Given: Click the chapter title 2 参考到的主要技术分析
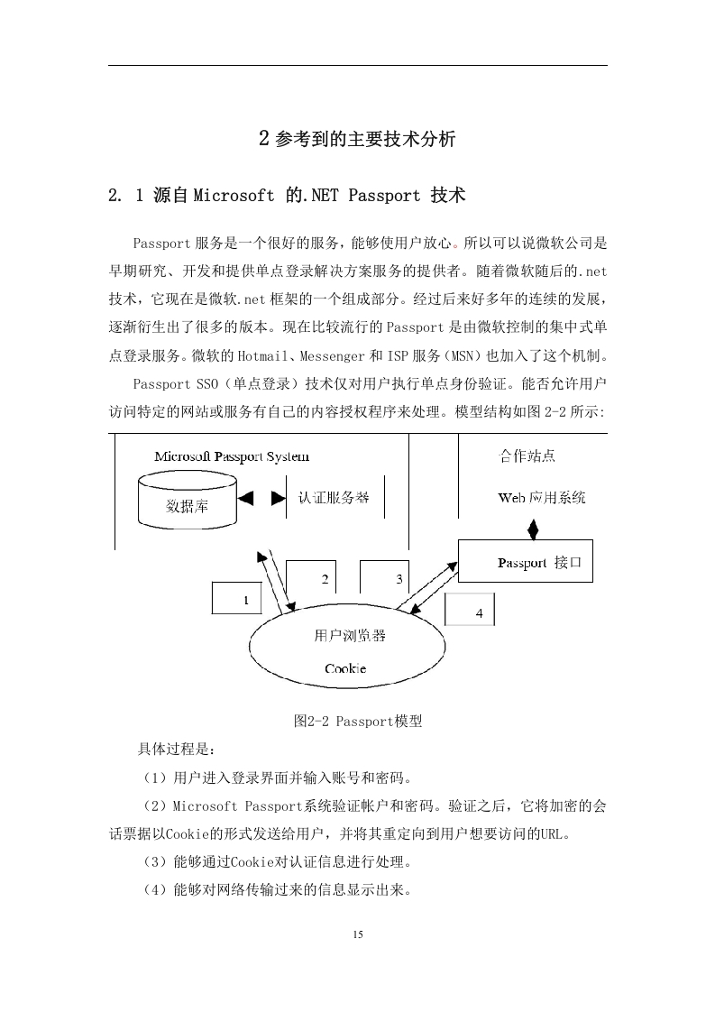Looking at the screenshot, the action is click(357, 139).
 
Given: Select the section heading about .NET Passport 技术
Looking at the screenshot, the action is click(287, 195).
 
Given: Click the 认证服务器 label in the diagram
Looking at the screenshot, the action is click(333, 498).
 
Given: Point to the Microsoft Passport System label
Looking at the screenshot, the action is click(232, 456).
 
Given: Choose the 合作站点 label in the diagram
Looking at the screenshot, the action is click(527, 455).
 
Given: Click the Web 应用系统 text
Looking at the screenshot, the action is click(542, 498).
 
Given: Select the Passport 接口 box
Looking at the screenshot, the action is click(526, 561).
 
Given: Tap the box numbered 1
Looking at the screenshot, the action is click(237, 598).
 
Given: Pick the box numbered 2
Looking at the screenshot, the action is click(311, 577).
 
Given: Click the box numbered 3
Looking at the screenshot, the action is click(385, 577).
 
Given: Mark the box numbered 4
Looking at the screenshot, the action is click(470, 609).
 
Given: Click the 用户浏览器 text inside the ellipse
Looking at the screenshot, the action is click(350, 636).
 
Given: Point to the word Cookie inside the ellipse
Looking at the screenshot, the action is click(345, 668).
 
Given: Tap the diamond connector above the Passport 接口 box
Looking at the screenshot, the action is click(533, 529).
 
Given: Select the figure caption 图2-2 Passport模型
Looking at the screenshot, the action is click(357, 721).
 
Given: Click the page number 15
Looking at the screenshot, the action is click(358, 934).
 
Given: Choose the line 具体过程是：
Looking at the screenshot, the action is click(176, 750).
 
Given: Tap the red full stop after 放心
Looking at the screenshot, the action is click(456, 245).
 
